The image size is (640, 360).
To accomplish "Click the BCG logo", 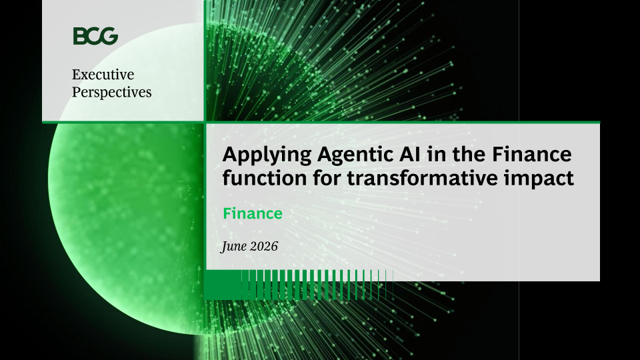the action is (95, 36).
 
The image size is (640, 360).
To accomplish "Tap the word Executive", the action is (103, 74).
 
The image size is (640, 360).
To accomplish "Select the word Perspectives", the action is (112, 93).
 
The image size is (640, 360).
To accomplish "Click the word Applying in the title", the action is (267, 155).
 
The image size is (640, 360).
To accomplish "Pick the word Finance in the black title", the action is (532, 154).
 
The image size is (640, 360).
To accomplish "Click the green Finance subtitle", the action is (253, 213).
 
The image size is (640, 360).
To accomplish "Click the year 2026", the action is (264, 246).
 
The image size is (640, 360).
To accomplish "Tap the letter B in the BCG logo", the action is (79, 36).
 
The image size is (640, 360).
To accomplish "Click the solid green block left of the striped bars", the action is (223, 285).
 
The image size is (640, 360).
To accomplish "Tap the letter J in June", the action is (224, 247).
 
